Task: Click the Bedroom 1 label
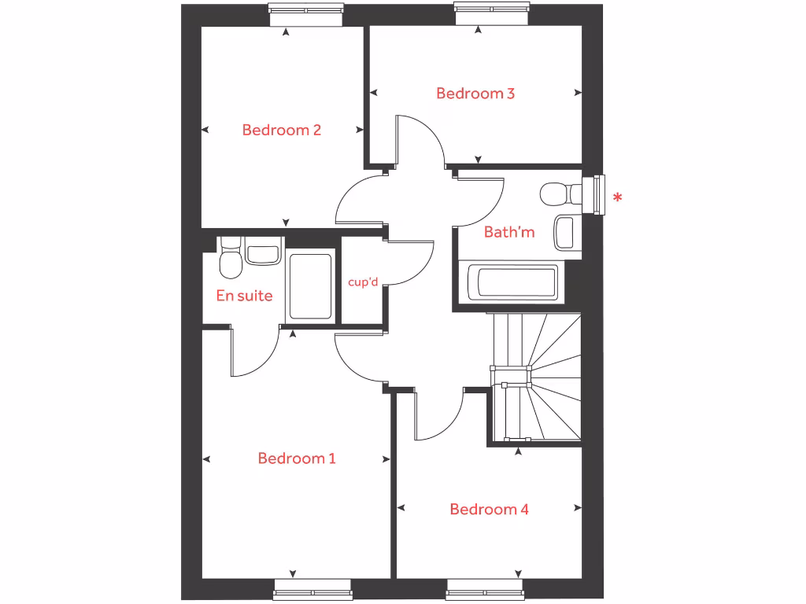[x=297, y=459]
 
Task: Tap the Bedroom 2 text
[x=281, y=130]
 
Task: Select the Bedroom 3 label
[x=475, y=94]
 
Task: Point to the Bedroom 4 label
[x=489, y=510]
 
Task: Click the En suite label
[x=244, y=296]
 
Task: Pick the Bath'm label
[x=509, y=232]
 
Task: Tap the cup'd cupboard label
[x=362, y=282]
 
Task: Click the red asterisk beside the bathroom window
[x=618, y=197]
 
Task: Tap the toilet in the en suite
[x=230, y=261]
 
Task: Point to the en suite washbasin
[x=262, y=254]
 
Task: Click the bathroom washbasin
[x=564, y=232]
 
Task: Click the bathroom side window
[x=600, y=195]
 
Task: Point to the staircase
[x=535, y=377]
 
